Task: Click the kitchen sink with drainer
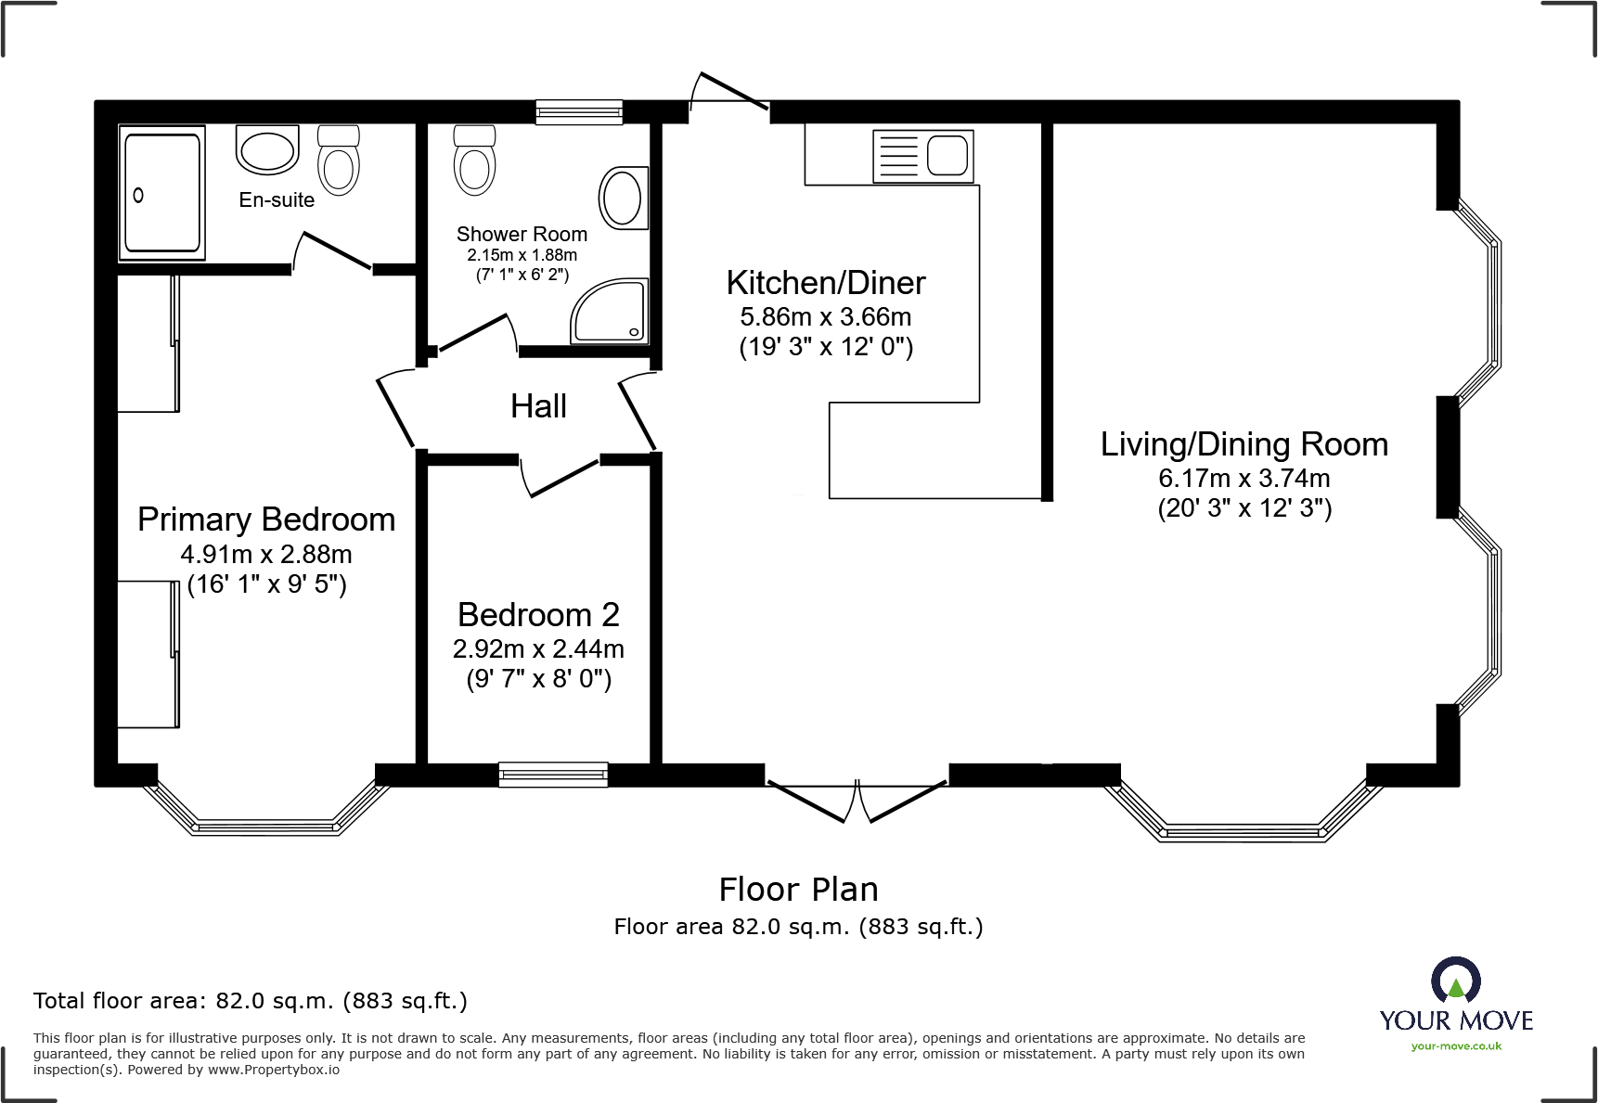pyautogui.click(x=922, y=155)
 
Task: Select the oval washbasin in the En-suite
pyautogui.click(x=267, y=151)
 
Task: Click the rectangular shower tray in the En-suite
pyautogui.click(x=162, y=193)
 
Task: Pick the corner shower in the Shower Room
pyautogui.click(x=611, y=312)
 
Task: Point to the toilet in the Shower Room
pyautogui.click(x=474, y=160)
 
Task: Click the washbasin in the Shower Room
pyautogui.click(x=622, y=198)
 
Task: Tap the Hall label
pyautogui.click(x=538, y=406)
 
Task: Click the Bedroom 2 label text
pyautogui.click(x=538, y=615)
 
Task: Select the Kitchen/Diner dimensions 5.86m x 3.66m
pyautogui.click(x=825, y=317)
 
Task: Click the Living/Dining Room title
pyautogui.click(x=1244, y=444)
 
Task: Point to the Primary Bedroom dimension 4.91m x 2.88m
pyautogui.click(x=266, y=555)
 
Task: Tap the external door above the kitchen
pyautogui.click(x=728, y=94)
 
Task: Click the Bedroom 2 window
pyautogui.click(x=553, y=775)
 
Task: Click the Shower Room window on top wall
pyautogui.click(x=579, y=112)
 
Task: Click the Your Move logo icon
pyautogui.click(x=1455, y=981)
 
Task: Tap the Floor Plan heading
pyautogui.click(x=798, y=890)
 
